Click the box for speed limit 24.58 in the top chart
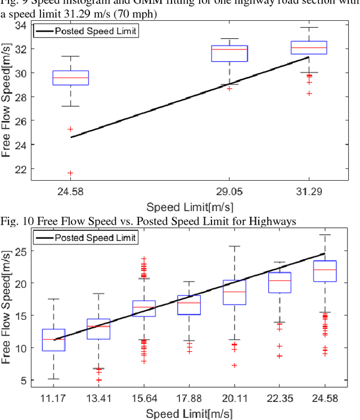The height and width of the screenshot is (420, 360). pyautogui.click(x=70, y=78)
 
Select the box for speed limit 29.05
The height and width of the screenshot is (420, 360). pyautogui.click(x=229, y=53)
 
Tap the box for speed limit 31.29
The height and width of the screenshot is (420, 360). pyautogui.click(x=308, y=47)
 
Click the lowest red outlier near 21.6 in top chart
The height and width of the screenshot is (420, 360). pyautogui.click(x=70, y=173)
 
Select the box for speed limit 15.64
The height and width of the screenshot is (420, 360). pyautogui.click(x=144, y=309)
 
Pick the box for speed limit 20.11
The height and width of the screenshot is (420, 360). pyautogui.click(x=234, y=292)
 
